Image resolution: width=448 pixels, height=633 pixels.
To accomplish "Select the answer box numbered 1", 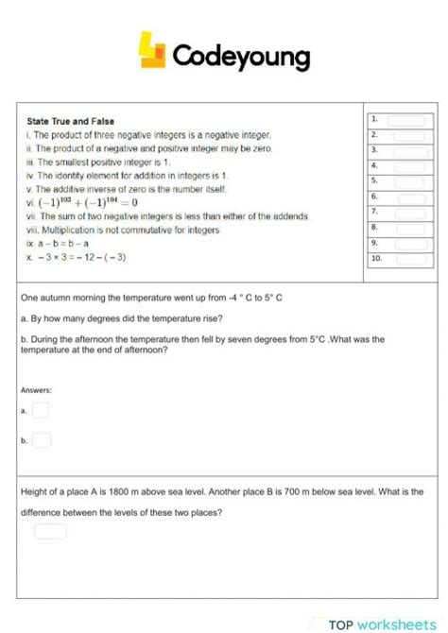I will pos(408,120).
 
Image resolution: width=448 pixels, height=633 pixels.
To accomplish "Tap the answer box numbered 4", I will pos(408,165).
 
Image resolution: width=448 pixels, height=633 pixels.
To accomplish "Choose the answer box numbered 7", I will pos(408,212).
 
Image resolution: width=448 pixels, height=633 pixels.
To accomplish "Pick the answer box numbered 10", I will pos(410,258).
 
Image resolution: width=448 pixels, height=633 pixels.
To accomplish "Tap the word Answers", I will pos(36,390).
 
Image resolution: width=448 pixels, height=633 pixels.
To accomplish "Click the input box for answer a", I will pos(41,410).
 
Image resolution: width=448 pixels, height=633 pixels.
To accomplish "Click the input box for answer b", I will pos(42,439).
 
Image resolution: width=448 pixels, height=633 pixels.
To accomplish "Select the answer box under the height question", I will pos(51,531).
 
